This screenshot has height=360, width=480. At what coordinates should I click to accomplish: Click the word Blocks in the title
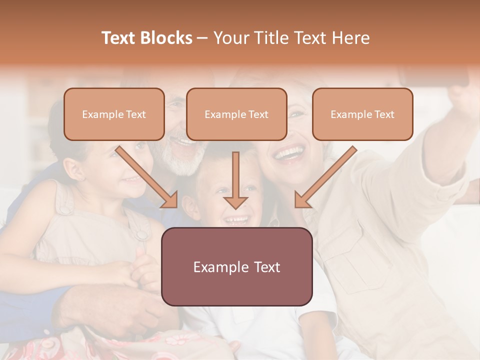tap(167, 38)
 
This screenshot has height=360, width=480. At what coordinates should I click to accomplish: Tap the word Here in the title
tap(351, 38)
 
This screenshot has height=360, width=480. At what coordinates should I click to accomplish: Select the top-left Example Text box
tap(114, 114)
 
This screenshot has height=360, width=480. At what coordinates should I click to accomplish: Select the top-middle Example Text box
tap(236, 114)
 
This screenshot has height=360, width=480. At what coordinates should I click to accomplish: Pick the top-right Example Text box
tap(362, 114)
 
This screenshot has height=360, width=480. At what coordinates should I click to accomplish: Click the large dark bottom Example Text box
tap(236, 266)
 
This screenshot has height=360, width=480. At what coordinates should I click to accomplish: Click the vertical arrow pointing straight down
tap(235, 180)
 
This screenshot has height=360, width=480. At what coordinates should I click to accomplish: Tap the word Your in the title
tap(230, 38)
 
